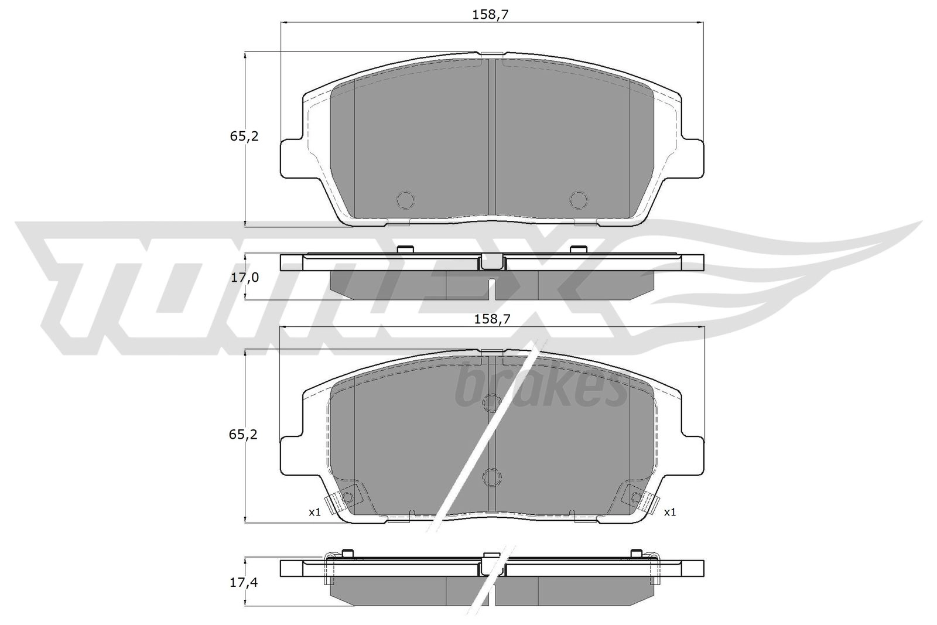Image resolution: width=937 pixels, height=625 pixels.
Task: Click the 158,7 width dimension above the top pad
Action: pyautogui.click(x=490, y=15)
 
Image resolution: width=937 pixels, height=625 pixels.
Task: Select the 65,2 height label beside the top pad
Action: pyautogui.click(x=244, y=136)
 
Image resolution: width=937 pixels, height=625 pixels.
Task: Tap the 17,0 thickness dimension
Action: pyautogui.click(x=245, y=277)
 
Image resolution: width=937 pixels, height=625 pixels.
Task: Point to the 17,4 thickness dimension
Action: pyautogui.click(x=244, y=582)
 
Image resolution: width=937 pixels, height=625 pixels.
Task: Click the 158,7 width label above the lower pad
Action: pyautogui.click(x=492, y=319)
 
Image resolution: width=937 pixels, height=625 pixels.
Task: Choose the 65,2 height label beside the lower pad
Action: pyautogui.click(x=243, y=435)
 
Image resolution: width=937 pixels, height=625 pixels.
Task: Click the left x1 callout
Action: pyautogui.click(x=314, y=512)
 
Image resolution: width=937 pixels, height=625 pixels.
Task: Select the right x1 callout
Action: pyautogui.click(x=670, y=512)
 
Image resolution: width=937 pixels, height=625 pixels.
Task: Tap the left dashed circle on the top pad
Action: pyautogui.click(x=405, y=200)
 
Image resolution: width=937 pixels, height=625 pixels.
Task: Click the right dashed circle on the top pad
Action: pyautogui.click(x=579, y=200)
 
